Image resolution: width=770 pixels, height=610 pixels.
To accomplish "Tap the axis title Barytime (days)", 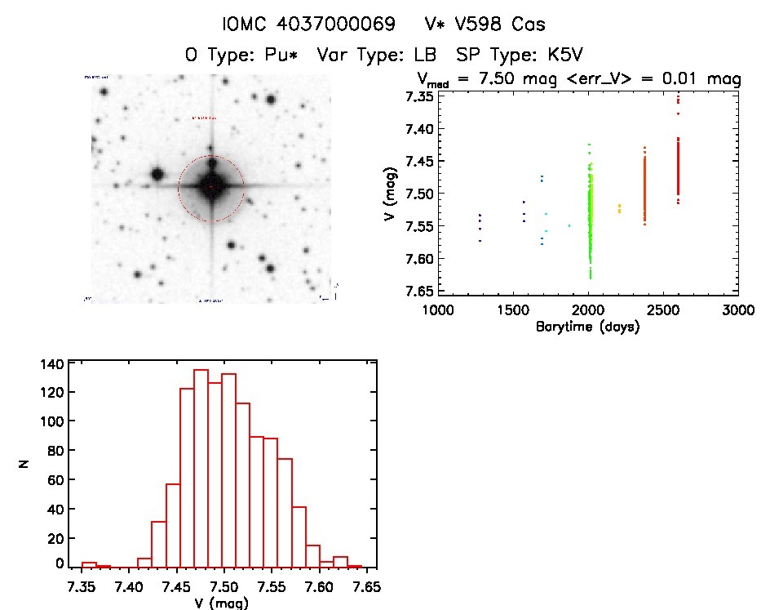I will [x=587, y=327].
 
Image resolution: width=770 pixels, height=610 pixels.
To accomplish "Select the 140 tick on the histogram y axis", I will [x=54, y=363].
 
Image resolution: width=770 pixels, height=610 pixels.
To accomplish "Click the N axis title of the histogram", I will [x=24, y=464].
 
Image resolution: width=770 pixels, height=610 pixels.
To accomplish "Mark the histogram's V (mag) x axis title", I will [x=222, y=603].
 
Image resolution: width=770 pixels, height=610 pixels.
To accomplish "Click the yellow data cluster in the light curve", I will [x=619, y=208].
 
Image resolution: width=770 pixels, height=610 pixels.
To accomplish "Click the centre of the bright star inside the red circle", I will [x=211, y=187].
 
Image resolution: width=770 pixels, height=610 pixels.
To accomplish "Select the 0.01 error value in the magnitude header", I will [x=674, y=79].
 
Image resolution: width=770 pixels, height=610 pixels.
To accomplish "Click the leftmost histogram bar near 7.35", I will [x=89, y=564].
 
